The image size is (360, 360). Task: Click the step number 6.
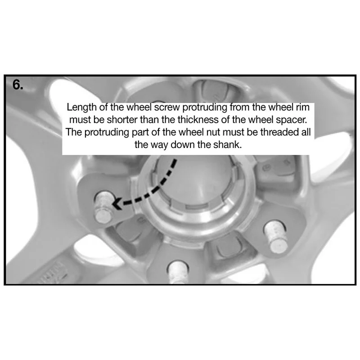click(18, 85)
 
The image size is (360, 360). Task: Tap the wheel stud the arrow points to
click(104, 207)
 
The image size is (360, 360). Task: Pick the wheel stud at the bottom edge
click(178, 272)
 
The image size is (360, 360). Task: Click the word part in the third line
click(141, 133)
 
